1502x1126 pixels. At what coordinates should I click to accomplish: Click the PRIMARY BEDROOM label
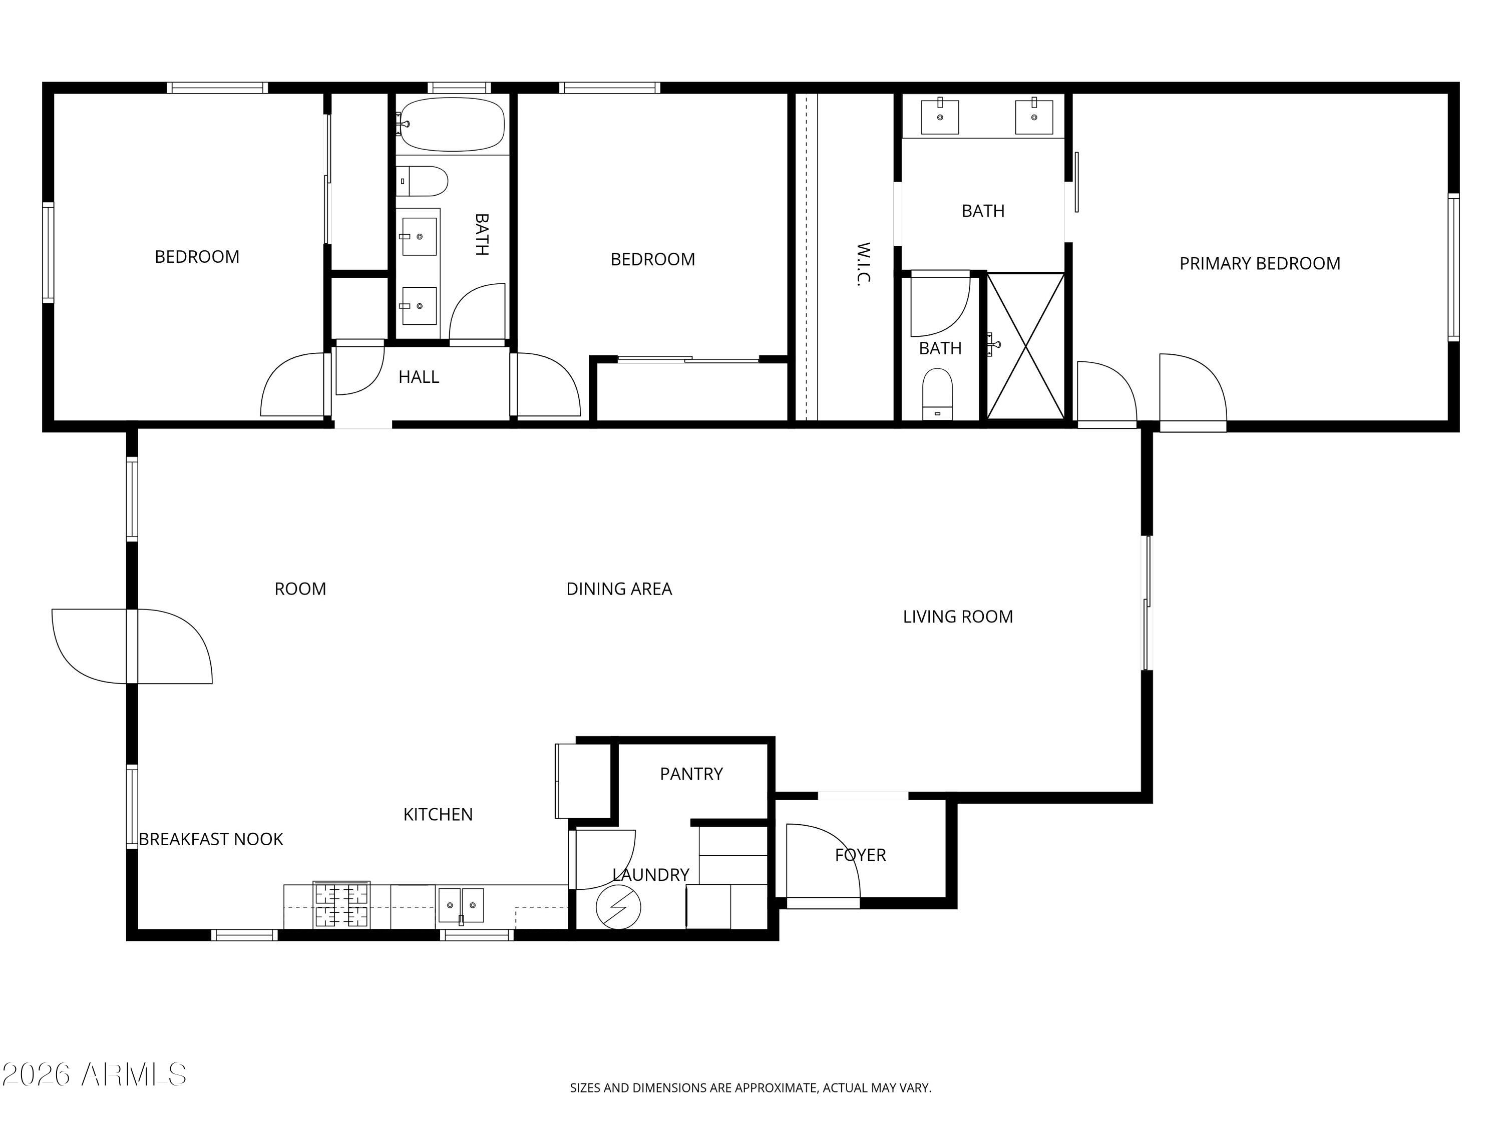click(1260, 263)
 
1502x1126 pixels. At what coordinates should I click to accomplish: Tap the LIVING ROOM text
click(957, 616)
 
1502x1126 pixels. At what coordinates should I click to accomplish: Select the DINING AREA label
click(619, 589)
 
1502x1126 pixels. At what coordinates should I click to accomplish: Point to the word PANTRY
click(691, 774)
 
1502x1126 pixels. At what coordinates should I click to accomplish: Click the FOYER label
click(860, 855)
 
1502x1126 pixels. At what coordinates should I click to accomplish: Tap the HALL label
click(419, 377)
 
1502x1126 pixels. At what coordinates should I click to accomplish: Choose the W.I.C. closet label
click(862, 265)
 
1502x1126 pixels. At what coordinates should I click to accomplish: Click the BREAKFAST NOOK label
click(211, 839)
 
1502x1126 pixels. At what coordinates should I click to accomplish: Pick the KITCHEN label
click(438, 814)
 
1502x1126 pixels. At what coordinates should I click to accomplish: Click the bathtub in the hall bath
click(452, 124)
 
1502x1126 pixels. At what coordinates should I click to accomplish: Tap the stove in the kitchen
click(341, 904)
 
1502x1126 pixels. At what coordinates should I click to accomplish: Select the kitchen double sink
click(461, 905)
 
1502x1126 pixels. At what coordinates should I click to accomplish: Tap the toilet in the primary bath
click(938, 394)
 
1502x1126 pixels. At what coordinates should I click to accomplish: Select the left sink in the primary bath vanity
click(940, 116)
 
